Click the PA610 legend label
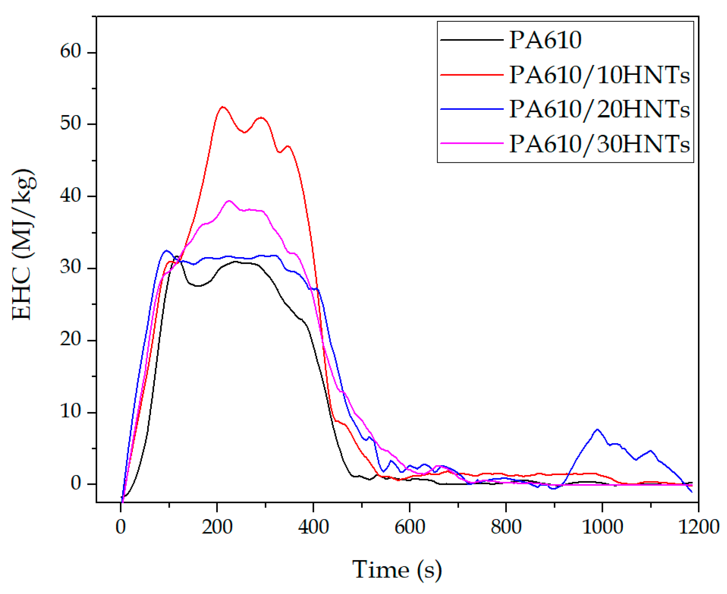click(545, 40)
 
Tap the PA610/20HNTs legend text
click(599, 109)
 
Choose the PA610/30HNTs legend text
click(599, 143)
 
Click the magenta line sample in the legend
click(472, 143)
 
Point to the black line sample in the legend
click(472, 40)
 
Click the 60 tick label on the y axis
click(71, 52)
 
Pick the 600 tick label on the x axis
click(410, 527)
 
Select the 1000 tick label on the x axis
click(602, 527)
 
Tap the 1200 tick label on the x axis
click(698, 527)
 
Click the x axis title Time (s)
click(397, 570)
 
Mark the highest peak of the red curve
click(223, 107)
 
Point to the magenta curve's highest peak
click(229, 201)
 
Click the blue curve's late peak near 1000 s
click(597, 429)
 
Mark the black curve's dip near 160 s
click(198, 286)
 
